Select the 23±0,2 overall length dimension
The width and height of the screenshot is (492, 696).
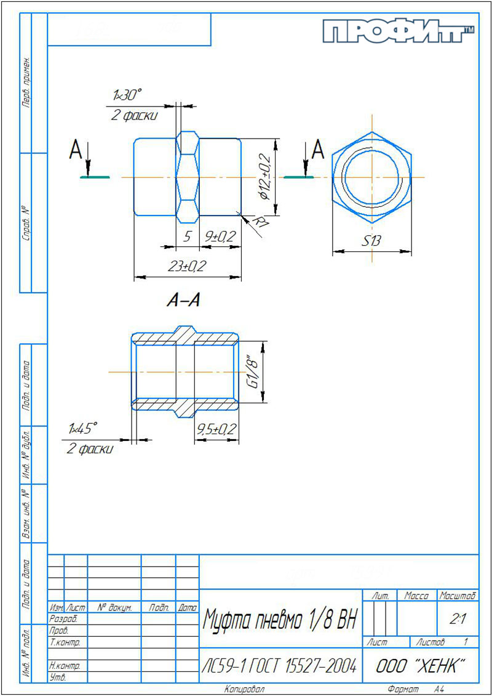click(x=188, y=266)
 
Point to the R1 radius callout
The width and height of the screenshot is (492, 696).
click(x=261, y=221)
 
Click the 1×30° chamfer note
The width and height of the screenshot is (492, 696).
click(x=127, y=95)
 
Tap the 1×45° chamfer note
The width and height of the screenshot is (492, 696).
click(x=82, y=428)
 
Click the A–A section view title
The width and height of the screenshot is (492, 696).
click(x=183, y=301)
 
